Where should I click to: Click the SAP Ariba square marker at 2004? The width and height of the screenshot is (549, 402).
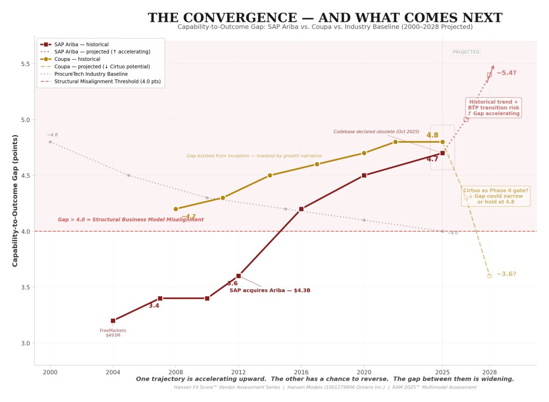point(113,320)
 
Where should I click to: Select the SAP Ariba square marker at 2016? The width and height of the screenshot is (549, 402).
point(301,209)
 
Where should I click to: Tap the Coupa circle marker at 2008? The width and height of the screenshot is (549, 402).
point(175,209)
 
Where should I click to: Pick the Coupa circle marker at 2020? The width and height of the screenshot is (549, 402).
point(364,153)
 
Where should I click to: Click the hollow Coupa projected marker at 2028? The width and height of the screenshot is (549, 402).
point(489,276)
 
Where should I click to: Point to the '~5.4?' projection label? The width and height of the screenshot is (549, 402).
point(506,72)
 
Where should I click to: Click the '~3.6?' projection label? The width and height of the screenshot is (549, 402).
point(506,274)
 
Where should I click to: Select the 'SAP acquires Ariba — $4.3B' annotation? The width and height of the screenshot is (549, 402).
point(270,290)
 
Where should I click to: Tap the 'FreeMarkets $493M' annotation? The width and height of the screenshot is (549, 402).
point(113,333)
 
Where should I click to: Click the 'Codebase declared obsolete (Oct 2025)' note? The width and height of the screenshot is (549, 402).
point(376,131)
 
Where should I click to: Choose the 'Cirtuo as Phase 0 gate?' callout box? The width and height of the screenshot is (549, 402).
point(495,196)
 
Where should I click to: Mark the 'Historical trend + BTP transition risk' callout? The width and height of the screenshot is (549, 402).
point(493,107)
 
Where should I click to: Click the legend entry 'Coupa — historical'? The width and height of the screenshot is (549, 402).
point(77,59)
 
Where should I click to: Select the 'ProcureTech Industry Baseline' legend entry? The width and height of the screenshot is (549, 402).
point(91,74)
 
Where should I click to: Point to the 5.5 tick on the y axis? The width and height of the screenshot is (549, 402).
point(25,64)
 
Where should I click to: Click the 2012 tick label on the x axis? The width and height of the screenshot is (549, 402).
point(238,371)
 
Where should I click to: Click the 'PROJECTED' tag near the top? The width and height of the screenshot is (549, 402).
point(466,52)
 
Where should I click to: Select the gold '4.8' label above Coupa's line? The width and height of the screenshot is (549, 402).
point(432,135)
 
